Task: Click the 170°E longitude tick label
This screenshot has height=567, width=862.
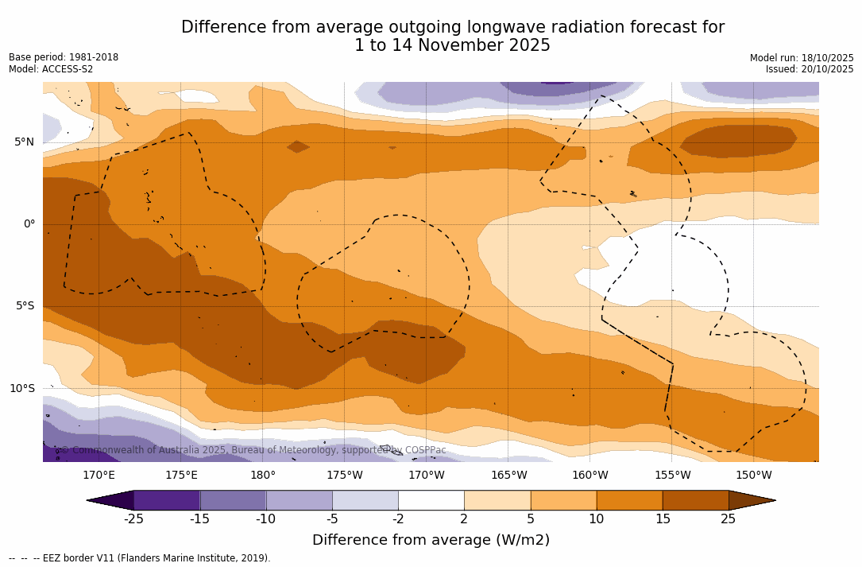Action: tap(99, 476)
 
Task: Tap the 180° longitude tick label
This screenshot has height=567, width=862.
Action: tap(263, 476)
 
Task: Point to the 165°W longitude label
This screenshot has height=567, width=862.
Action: tap(508, 476)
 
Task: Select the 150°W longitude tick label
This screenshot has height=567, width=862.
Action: tap(753, 476)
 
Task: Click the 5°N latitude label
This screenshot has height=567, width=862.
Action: tap(24, 142)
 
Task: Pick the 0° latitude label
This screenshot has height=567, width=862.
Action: tap(29, 224)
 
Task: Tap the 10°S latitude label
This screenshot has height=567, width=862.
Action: tap(21, 389)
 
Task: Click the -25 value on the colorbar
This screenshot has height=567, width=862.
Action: tap(133, 519)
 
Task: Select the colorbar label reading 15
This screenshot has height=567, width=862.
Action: tap(662, 519)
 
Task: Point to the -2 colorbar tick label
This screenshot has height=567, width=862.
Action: tap(398, 519)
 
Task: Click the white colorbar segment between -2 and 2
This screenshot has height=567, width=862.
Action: tap(431, 500)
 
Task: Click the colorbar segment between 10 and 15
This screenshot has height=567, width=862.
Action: tap(629, 500)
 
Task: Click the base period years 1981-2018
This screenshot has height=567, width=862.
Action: tap(94, 57)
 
